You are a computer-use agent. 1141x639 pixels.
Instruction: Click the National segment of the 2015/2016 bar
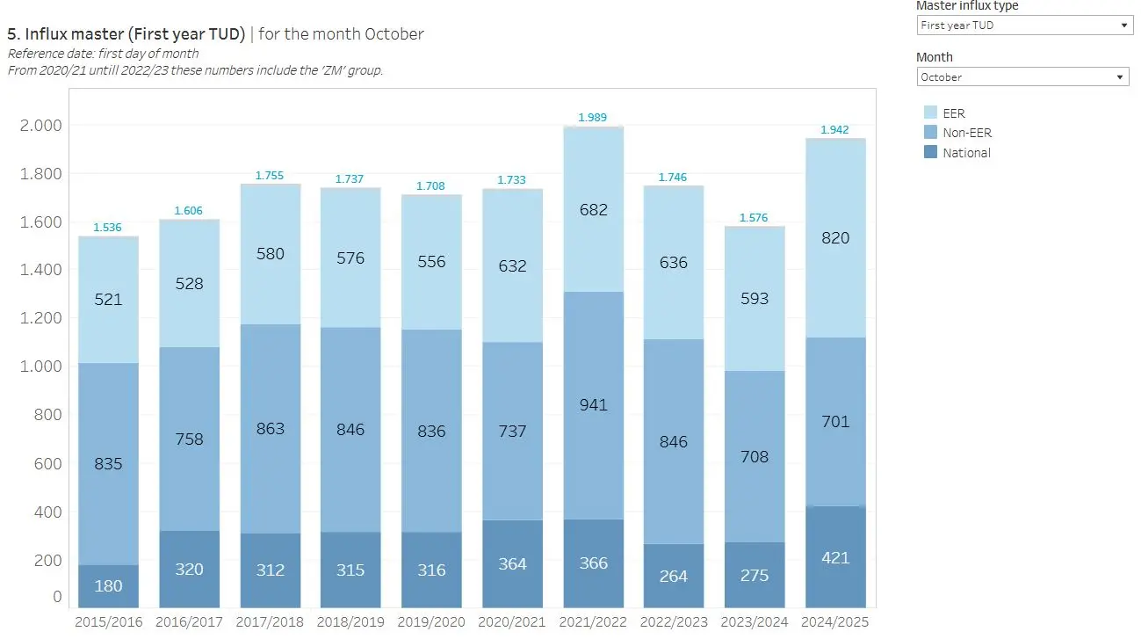(109, 585)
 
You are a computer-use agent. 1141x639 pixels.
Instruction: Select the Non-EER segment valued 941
(594, 405)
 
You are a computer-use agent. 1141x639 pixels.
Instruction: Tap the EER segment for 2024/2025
(835, 238)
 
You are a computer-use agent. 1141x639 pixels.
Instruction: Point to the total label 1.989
(592, 118)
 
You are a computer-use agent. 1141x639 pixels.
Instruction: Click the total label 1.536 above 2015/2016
(107, 228)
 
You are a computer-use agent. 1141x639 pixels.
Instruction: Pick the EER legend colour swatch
(930, 113)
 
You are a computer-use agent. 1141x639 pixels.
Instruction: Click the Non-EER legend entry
(966, 133)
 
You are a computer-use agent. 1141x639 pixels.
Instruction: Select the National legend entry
(966, 153)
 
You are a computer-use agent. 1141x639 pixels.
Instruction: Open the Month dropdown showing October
(1022, 77)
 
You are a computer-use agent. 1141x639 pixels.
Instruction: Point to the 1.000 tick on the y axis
(40, 367)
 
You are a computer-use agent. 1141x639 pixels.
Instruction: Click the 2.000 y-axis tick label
(40, 126)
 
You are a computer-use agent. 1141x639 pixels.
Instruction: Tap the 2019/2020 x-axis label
(431, 622)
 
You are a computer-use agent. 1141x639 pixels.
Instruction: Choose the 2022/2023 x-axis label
(674, 622)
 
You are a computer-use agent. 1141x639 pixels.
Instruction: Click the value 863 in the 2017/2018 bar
(271, 429)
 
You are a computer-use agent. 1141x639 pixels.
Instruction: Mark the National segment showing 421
(835, 557)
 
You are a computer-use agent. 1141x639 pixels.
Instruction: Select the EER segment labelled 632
(513, 265)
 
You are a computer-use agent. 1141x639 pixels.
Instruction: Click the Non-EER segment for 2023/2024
(755, 456)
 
